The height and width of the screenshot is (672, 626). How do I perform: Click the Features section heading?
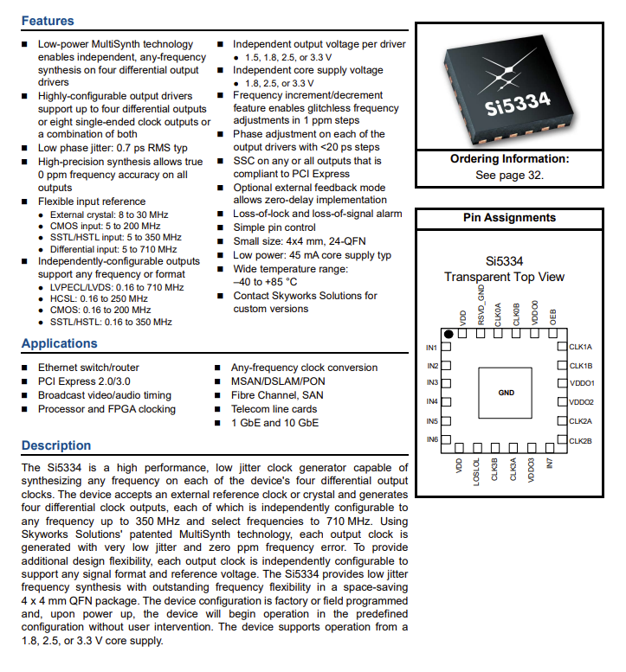pyautogui.click(x=48, y=21)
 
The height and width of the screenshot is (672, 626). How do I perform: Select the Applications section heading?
pyautogui.click(x=59, y=344)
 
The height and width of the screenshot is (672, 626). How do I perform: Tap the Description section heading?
pyautogui.click(x=55, y=445)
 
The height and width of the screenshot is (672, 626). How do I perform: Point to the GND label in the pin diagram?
pyautogui.click(x=507, y=393)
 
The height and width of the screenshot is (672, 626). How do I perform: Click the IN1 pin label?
pyautogui.click(x=432, y=348)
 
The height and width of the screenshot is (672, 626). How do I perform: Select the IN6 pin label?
pyautogui.click(x=432, y=440)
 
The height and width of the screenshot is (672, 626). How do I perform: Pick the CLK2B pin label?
pyautogui.click(x=581, y=441)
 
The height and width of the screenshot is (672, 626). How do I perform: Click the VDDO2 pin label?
pyautogui.click(x=582, y=402)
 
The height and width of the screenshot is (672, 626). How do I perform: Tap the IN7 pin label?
pyautogui.click(x=551, y=465)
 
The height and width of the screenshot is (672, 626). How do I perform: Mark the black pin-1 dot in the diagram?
pyautogui.click(x=449, y=334)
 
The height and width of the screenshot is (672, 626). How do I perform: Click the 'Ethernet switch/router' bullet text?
pyautogui.click(x=88, y=368)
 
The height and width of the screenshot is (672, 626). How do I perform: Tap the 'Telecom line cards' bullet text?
pyautogui.click(x=274, y=409)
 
